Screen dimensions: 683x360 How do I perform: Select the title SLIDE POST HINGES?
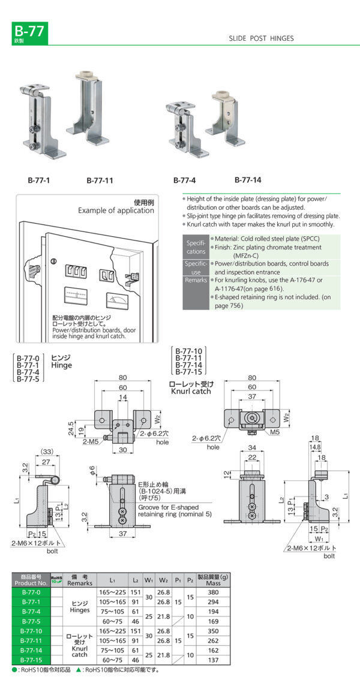click(261, 38)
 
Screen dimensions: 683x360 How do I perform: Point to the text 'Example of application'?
click(116, 210)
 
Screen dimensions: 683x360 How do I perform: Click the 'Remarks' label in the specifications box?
click(196, 280)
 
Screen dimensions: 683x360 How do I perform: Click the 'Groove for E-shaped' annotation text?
click(170, 507)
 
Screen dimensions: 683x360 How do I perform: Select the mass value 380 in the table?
click(213, 592)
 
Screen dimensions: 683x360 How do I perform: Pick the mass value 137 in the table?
click(213, 660)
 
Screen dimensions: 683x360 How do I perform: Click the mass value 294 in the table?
click(213, 601)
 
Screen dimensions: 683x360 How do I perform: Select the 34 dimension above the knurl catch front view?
click(252, 447)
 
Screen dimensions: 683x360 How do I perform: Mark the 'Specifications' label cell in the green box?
click(196, 247)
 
